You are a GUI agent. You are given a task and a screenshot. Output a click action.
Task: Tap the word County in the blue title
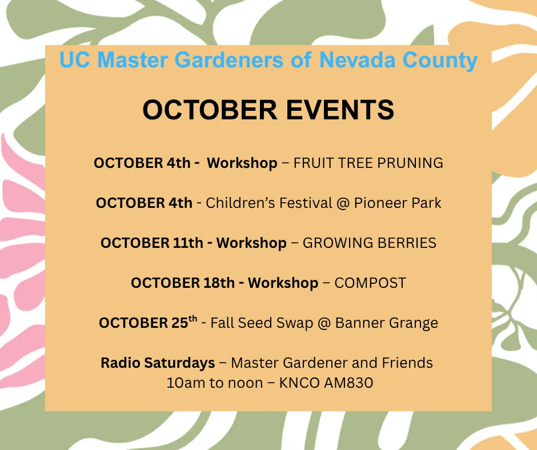click(x=440, y=61)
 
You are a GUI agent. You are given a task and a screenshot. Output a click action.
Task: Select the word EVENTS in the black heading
click(x=340, y=110)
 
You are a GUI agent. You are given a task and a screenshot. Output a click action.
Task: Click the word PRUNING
click(x=410, y=163)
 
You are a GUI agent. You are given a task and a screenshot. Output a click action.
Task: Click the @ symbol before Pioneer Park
click(x=343, y=203)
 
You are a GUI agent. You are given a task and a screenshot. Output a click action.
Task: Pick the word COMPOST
click(x=370, y=283)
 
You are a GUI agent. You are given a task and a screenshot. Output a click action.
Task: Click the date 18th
click(x=219, y=283)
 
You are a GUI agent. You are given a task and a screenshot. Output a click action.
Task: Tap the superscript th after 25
click(x=193, y=319)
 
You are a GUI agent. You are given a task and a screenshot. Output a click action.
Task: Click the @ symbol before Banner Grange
click(x=324, y=323)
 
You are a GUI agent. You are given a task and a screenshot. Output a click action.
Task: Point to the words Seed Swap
click(x=276, y=323)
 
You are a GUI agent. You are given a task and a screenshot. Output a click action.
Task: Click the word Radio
click(x=120, y=363)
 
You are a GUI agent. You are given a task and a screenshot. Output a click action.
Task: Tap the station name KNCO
click(x=299, y=383)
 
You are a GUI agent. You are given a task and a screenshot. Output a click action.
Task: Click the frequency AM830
click(x=348, y=383)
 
